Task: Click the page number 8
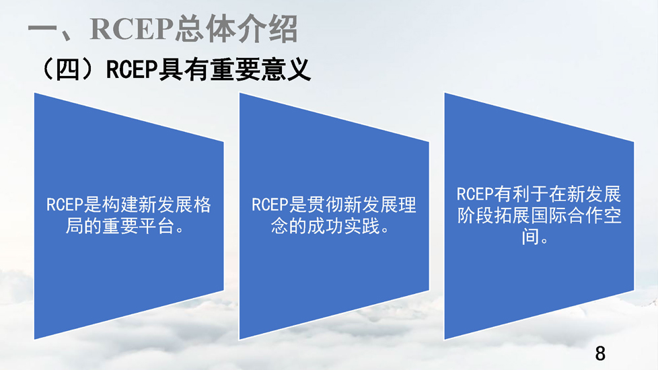coord(600,354)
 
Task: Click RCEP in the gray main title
coord(132,28)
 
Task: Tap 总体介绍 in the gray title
coord(236,28)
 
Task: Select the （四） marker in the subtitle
coord(67,70)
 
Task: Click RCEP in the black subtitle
coord(132,70)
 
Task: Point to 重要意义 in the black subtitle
coord(260,70)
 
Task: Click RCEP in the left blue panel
coord(65,205)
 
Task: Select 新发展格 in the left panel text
coord(174,205)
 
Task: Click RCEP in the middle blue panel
coord(270,205)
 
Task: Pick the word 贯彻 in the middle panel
coord(325,205)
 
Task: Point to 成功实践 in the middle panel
coord(343,226)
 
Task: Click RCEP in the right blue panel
coord(474,194)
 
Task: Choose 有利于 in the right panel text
coord(521,194)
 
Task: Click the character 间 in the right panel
coord(530,237)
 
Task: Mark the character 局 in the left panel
coord(74,226)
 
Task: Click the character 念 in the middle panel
coord(279,226)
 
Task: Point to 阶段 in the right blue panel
coord(475,216)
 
